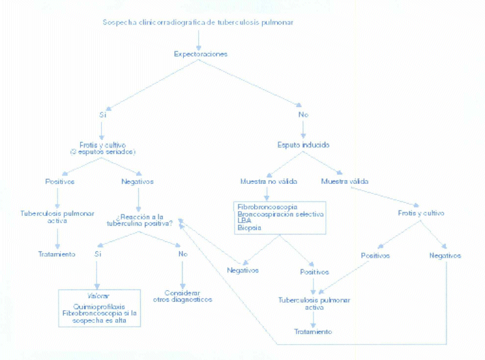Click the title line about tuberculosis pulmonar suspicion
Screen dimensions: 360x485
[x=198, y=22]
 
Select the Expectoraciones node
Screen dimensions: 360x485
[x=200, y=54]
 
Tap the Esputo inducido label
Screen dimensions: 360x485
[x=303, y=145]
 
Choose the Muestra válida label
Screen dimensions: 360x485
[x=344, y=181]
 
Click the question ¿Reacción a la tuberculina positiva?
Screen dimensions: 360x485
[x=140, y=220]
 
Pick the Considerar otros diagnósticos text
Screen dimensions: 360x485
[x=183, y=296]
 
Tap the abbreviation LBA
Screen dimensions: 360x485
[x=244, y=220]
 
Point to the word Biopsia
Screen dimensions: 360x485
[x=249, y=228]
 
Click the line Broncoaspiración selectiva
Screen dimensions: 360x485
[x=280, y=213]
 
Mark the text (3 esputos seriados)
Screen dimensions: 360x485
[x=102, y=152]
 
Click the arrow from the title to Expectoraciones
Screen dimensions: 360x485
[x=199, y=38]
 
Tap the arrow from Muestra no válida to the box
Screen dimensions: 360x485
[x=267, y=193]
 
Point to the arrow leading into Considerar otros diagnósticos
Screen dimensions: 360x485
[x=183, y=274]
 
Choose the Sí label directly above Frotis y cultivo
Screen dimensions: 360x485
[x=102, y=115]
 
